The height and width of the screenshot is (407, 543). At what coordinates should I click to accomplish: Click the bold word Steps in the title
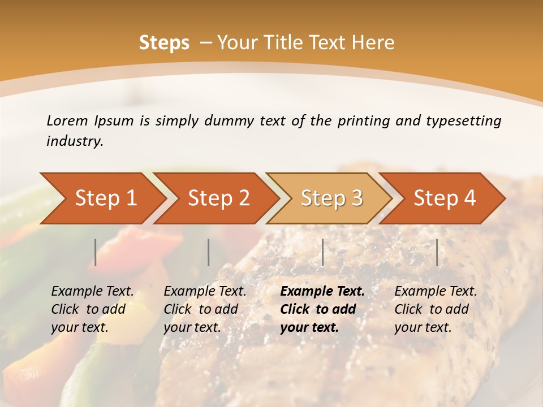[x=164, y=43]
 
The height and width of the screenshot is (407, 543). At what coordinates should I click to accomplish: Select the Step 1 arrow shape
[x=102, y=198]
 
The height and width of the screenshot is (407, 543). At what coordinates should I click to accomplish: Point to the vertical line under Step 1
[x=96, y=252]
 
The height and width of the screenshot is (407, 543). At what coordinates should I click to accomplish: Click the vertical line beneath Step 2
[x=209, y=252]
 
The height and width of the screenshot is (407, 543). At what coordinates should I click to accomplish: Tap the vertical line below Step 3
[x=322, y=252]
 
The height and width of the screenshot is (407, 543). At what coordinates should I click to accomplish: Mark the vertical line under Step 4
[x=437, y=252]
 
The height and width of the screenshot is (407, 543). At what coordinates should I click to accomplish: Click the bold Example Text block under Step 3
[x=322, y=309]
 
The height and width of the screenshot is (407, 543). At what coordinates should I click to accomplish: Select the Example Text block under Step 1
[x=92, y=309]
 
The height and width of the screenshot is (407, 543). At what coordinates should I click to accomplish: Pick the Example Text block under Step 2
[x=205, y=309]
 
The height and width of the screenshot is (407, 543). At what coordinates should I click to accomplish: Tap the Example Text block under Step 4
[x=436, y=309]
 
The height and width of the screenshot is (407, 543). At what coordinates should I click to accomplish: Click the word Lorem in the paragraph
[x=67, y=120]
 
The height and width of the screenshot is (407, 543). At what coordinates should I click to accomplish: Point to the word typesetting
[x=463, y=120]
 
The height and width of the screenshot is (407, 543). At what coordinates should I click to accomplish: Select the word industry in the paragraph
[x=74, y=141]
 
